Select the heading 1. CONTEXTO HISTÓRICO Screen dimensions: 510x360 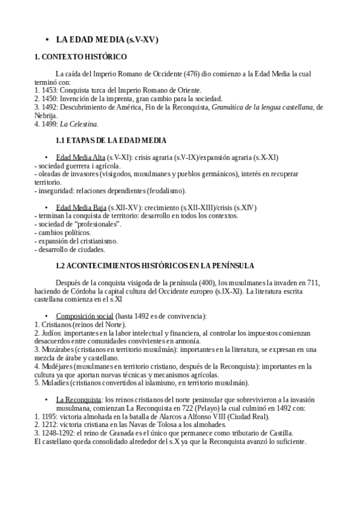81,57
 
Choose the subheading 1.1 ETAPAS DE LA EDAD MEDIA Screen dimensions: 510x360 111,141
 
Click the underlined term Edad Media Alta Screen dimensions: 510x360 76,157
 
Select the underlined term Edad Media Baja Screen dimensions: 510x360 77,207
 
